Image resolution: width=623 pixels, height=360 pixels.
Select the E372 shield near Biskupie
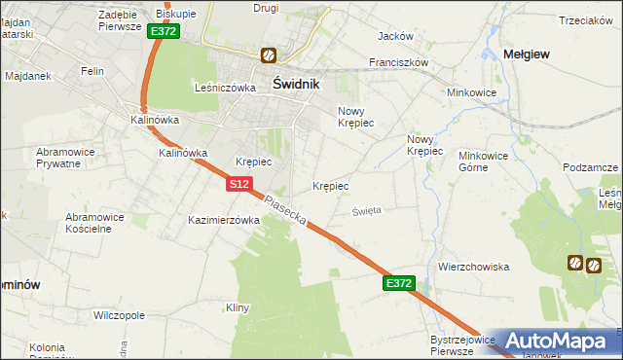pos(164,31)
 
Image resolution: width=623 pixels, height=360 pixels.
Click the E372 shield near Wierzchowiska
pos(399,283)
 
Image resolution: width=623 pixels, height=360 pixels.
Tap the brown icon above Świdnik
pos(268,56)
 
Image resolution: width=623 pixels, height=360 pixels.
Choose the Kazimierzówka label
pos(224,221)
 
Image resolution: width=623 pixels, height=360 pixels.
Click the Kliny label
pos(238,308)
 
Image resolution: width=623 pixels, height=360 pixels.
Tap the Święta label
pos(367,210)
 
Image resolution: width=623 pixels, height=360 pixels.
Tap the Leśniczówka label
pos(225,87)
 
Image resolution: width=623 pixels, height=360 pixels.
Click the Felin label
pos(92,72)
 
